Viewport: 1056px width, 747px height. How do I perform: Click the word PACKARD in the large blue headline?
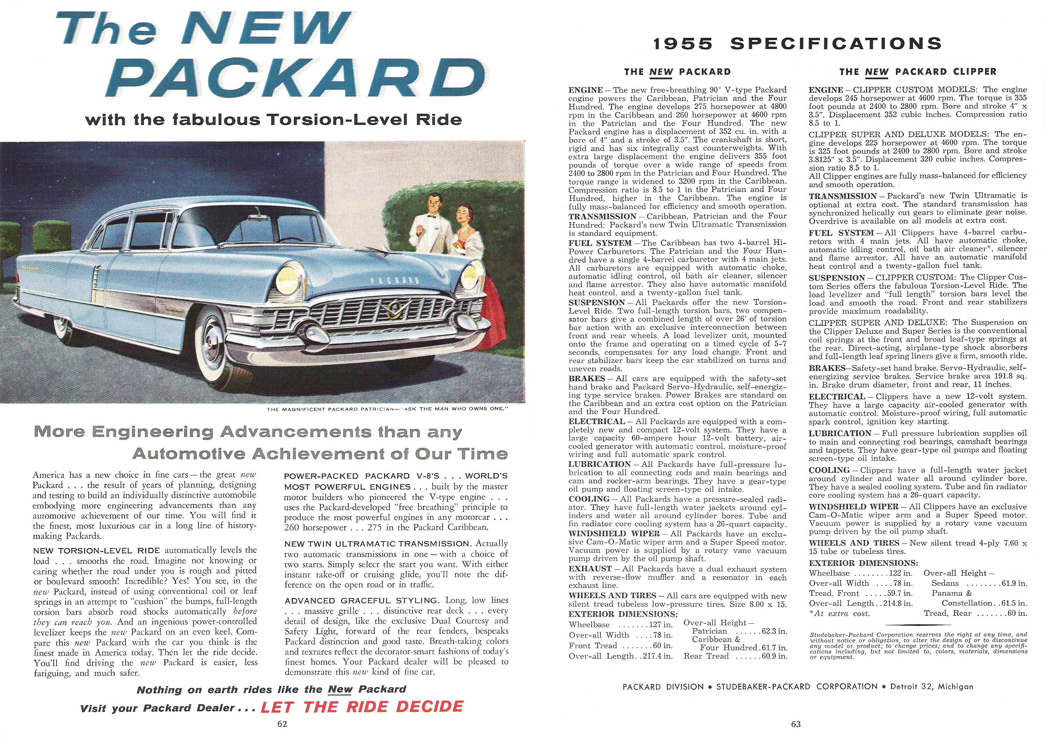point(294,80)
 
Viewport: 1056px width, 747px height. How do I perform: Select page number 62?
point(282,724)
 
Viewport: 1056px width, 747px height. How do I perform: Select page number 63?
point(796,724)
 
